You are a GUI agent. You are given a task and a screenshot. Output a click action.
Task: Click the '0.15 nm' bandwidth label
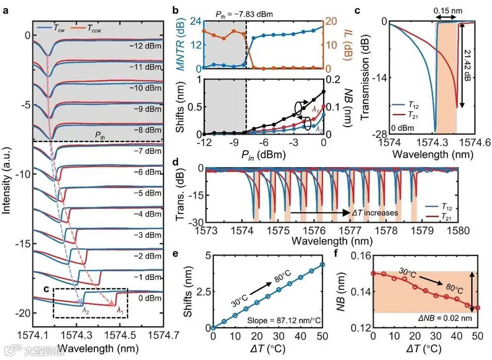[449, 9]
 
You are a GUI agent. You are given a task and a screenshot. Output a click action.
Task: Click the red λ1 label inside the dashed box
[118, 310]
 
